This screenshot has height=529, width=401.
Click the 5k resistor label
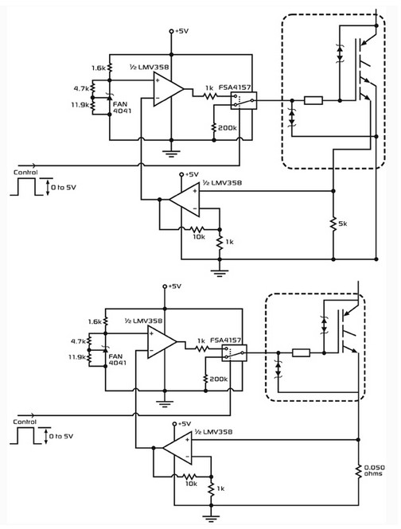click(342, 224)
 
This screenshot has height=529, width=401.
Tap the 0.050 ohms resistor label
click(374, 470)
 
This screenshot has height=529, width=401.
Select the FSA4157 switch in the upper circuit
click(243, 100)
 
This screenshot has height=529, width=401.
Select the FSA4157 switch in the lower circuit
click(234, 353)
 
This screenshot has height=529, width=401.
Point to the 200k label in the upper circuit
click(227, 128)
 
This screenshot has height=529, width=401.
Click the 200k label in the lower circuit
click(218, 379)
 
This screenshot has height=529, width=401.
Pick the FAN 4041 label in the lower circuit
click(117, 360)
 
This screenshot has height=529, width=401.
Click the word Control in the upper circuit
click(25, 172)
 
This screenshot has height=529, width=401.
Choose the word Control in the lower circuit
click(25, 422)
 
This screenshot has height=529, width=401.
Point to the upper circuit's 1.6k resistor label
click(99, 68)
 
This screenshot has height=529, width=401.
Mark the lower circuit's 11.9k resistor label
click(78, 357)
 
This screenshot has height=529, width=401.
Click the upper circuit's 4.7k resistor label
click(81, 89)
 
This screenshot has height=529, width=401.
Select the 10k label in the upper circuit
click(199, 237)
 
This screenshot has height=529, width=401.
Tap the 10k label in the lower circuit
click(191, 484)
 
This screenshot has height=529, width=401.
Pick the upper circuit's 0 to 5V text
click(64, 187)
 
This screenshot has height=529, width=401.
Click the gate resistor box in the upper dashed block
click(313, 100)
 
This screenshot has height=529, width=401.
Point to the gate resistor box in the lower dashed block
click(301, 353)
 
